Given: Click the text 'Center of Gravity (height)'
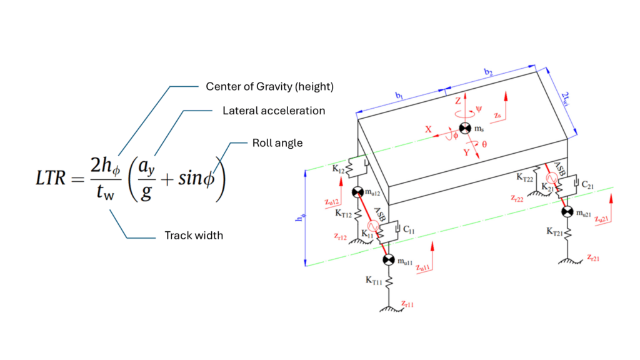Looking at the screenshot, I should (269, 87).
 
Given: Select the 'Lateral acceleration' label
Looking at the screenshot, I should (274, 111).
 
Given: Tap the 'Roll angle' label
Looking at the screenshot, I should (277, 143).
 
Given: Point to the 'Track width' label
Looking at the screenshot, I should (194, 236).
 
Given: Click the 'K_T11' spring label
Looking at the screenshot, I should (373, 281).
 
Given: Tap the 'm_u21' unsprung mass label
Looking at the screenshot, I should (584, 213).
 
